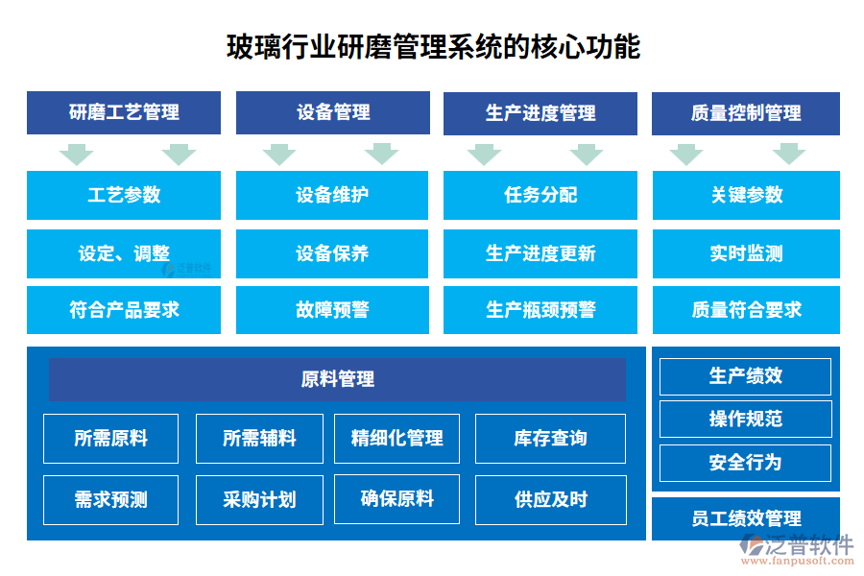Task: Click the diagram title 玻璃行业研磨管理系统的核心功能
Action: [432, 46]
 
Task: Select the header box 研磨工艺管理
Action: [124, 112]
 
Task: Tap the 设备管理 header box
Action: [332, 112]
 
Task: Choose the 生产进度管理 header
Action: [540, 113]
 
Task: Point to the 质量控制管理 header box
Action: [746, 113]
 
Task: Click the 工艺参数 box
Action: [124, 195]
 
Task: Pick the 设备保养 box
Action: [332, 253]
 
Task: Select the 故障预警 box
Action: [332, 310]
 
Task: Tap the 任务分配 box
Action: [540, 195]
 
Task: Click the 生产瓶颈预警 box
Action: [540, 310]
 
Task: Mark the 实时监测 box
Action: [746, 253]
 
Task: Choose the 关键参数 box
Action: [746, 195]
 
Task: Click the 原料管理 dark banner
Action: [337, 379]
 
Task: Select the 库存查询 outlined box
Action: [550, 439]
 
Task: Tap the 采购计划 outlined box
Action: [259, 499]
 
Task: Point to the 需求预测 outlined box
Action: [111, 499]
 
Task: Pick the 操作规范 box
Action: [745, 419]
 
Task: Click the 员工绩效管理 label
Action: [746, 519]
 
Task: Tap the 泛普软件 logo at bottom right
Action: [796, 550]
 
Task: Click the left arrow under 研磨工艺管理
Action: [76, 154]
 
